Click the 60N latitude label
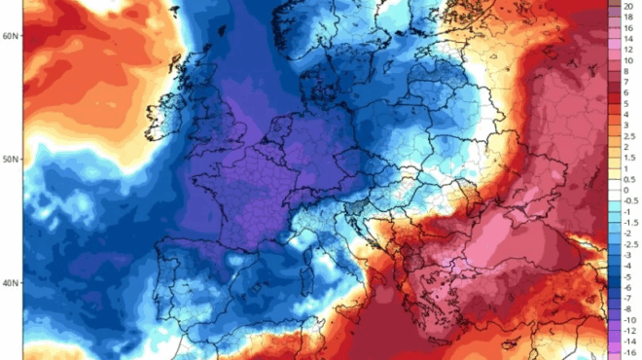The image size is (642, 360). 11,36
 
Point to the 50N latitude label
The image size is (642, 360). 11,160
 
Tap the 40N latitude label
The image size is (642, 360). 11,283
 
